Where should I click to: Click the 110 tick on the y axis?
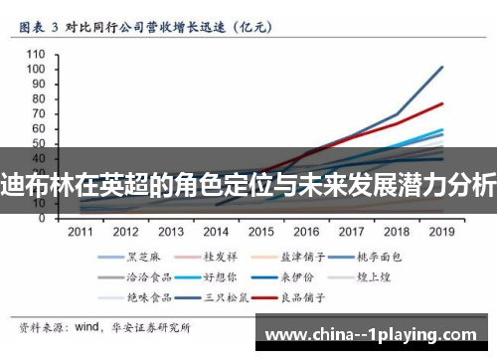coord(37,54)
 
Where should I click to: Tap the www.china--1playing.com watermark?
coord(377,331)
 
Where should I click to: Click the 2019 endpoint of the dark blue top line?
coord(442,67)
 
